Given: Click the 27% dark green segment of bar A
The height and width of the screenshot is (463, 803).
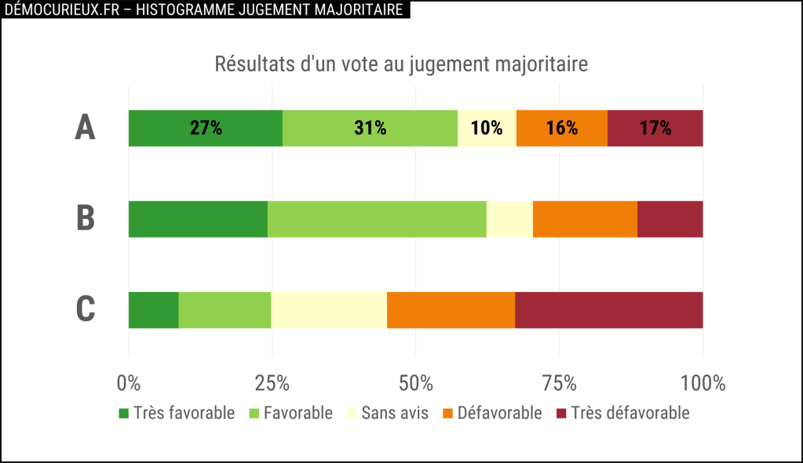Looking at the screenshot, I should [x=205, y=128].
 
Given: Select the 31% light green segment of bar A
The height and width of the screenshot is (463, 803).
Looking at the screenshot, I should [x=370, y=128].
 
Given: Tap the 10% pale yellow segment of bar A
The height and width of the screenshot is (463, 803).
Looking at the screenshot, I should [x=487, y=128].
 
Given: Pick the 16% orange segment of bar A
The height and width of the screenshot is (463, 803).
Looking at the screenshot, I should [x=562, y=128].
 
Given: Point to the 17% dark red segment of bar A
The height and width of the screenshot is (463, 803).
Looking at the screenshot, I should [x=655, y=128].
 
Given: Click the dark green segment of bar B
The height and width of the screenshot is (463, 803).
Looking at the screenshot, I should [x=198, y=219].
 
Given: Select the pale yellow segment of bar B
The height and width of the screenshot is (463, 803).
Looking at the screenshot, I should [x=509, y=219].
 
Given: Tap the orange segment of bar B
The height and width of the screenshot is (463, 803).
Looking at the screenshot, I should [x=585, y=219].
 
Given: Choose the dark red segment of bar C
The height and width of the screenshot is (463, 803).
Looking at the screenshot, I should [x=609, y=310].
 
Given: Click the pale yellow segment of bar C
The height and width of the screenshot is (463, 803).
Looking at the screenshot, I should [x=329, y=310].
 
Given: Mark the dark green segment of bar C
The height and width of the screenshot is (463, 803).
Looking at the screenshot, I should [x=153, y=310].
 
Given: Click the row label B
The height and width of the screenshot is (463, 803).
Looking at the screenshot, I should [x=86, y=219].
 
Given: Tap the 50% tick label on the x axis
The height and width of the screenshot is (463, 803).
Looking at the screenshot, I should [x=416, y=384].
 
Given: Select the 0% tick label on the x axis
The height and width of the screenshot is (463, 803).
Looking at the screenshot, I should [x=129, y=384].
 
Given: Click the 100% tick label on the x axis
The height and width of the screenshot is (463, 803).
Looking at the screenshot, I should [x=703, y=384].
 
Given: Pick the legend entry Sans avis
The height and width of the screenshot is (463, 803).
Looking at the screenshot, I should [x=388, y=414].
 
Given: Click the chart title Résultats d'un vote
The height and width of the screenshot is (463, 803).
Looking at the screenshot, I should [x=401, y=64].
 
